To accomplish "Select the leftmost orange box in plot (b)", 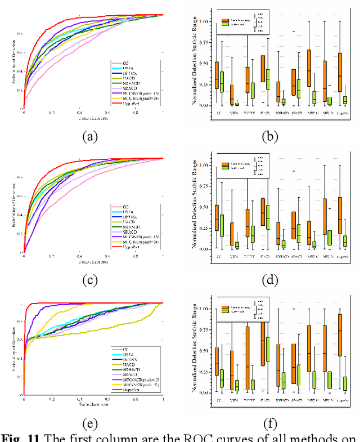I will click(217, 75).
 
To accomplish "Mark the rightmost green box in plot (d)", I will click(344, 241).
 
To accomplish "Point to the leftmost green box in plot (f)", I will click(222, 378).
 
